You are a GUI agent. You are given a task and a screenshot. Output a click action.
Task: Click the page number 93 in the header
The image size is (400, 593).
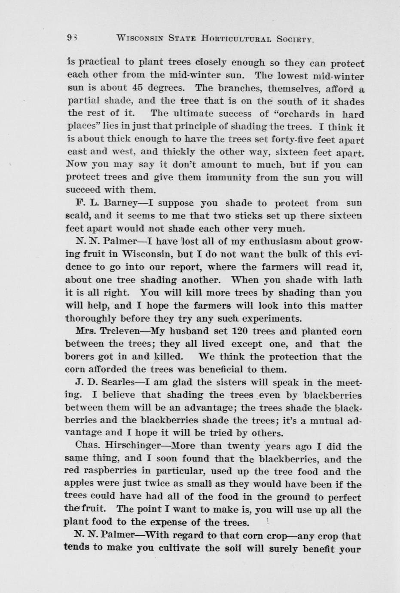[x=71, y=38]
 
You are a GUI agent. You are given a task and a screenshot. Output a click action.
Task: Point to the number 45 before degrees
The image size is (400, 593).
[x=137, y=88]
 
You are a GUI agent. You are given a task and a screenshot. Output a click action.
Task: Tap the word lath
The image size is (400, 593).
[x=353, y=280]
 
